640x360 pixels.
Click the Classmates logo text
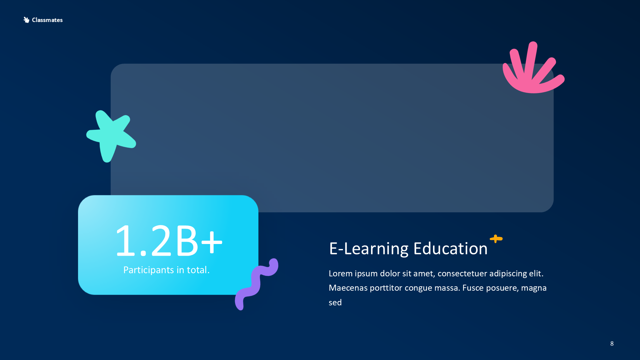[47, 20]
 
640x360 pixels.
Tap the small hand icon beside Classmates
[26, 20]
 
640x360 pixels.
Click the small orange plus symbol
[496, 239]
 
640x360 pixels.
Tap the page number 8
[612, 343]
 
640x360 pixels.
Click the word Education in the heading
[450, 249]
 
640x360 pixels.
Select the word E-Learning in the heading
[369, 249]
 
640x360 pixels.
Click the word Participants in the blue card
[148, 270]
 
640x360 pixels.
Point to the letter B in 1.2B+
[187, 241]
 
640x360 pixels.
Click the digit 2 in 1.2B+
[161, 241]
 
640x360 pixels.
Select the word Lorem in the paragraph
[340, 274]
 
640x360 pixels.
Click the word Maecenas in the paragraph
[348, 288]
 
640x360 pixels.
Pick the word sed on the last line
[335, 303]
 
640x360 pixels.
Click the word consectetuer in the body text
[462, 274]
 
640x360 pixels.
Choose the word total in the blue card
[197, 270]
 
